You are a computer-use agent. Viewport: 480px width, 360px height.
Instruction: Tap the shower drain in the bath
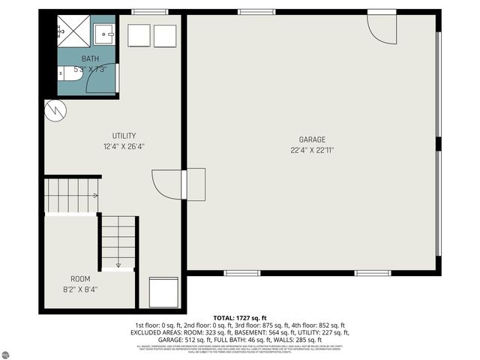[x=62, y=32]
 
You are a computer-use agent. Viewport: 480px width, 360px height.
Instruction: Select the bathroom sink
[x=105, y=32]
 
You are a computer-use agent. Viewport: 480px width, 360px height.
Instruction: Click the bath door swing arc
[x=101, y=79]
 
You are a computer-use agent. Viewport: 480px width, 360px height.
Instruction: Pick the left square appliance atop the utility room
[x=139, y=36]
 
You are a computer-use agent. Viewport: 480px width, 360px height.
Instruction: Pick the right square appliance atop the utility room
[x=165, y=36]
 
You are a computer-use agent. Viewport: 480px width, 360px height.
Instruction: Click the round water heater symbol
[x=55, y=110]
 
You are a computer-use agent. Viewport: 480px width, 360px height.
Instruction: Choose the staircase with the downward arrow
[x=118, y=242]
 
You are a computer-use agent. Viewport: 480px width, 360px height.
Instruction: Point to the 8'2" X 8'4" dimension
[x=80, y=289]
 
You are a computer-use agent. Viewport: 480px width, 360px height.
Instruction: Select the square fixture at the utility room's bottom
[x=164, y=291]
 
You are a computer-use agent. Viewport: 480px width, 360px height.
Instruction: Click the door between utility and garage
[x=169, y=184]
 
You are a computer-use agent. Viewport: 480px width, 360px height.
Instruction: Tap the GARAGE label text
[x=312, y=139]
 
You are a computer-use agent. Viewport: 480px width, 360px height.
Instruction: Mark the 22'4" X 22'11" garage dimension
[x=312, y=150]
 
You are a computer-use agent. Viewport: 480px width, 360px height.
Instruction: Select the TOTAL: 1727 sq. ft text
[x=240, y=318]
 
